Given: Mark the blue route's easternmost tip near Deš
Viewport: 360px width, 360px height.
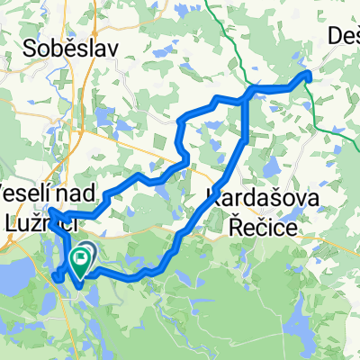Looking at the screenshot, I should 309,74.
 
